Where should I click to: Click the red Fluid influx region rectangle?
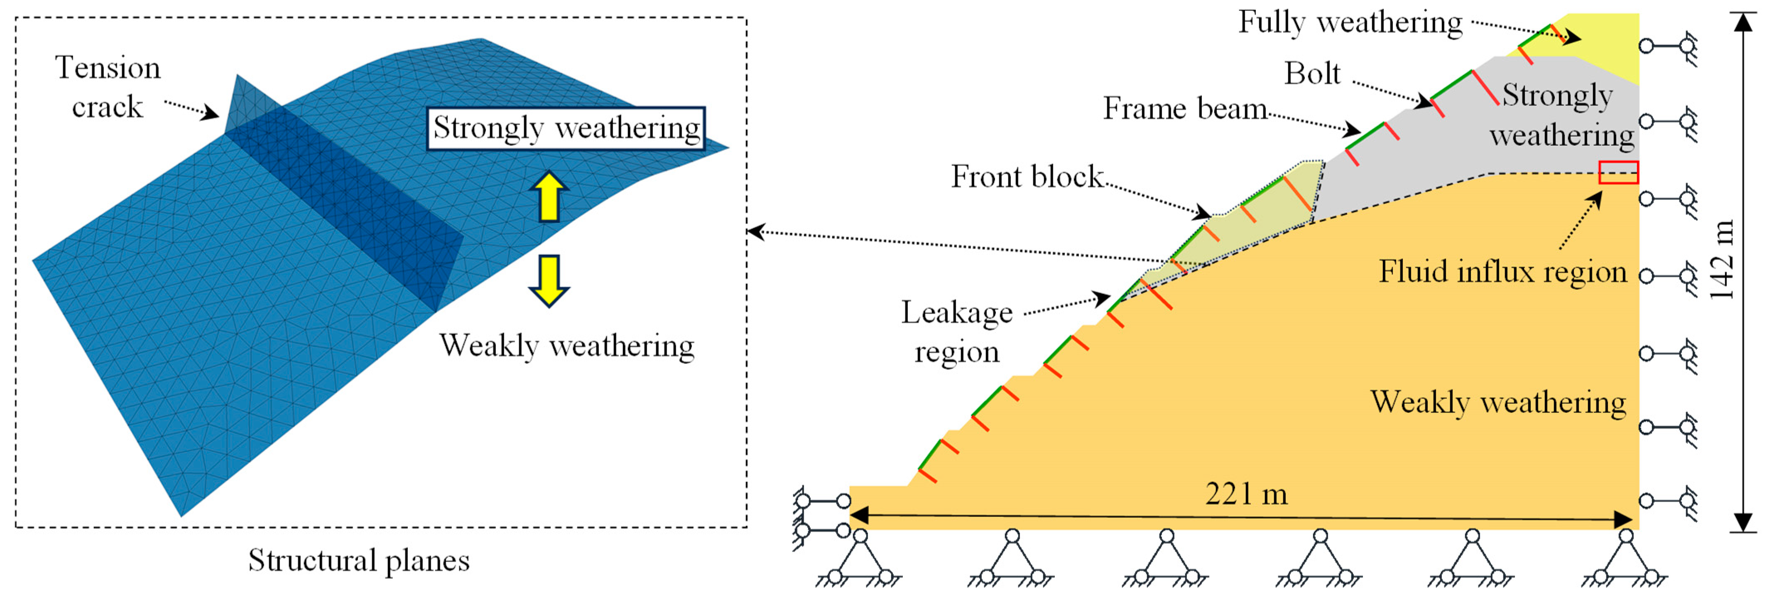[x=1618, y=172]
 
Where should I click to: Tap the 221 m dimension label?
[x=1246, y=494]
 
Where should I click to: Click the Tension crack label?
[x=108, y=87]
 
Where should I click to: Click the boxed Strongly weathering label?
[x=566, y=128]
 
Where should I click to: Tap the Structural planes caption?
[x=359, y=560]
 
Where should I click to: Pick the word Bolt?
[x=1311, y=74]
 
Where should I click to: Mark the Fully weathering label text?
[x=1350, y=23]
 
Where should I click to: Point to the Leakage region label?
[x=957, y=332]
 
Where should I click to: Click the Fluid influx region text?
[x=1502, y=272]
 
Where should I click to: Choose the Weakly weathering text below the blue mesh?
[x=566, y=346]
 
